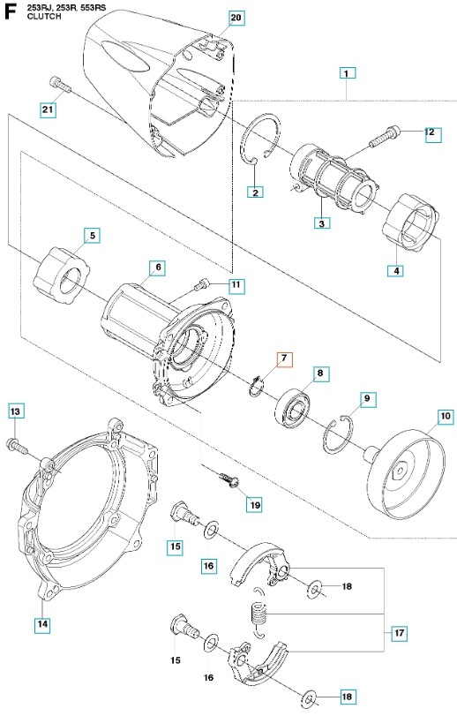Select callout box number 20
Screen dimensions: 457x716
coord(236,19)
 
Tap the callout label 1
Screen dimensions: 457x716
coord(347,73)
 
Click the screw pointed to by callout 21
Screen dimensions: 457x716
coord(59,85)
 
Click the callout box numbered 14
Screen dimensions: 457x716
coord(42,623)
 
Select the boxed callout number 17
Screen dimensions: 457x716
coord(399,633)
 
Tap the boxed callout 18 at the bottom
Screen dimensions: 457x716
coord(347,697)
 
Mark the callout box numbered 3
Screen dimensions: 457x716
coord(322,223)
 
